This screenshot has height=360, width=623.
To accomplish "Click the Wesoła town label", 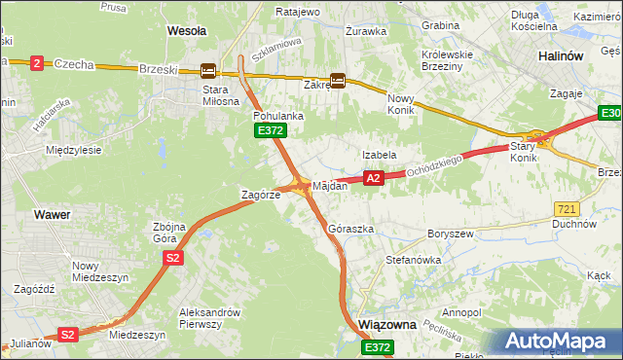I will [x=187, y=30].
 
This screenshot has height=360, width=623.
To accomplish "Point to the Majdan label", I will [x=329, y=186].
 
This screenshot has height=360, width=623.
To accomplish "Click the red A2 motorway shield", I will [x=373, y=178].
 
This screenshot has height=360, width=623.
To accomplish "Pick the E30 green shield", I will [x=611, y=116].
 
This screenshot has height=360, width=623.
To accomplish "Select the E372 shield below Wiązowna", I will [x=379, y=347].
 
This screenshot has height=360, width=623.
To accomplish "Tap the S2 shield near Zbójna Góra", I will [x=172, y=258].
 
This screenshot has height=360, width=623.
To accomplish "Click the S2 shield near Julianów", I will [x=67, y=335].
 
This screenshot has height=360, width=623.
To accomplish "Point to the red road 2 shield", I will [x=37, y=63].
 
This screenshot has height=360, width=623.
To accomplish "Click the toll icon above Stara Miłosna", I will [x=208, y=70].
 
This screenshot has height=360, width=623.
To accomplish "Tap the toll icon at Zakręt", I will [x=338, y=82].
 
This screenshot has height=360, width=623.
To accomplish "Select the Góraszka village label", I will [x=351, y=230].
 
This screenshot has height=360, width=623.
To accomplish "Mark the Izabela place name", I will [x=379, y=155].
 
